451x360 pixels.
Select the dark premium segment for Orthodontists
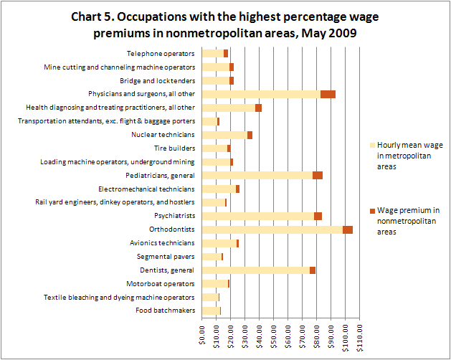(348, 229)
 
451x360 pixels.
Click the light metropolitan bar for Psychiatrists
(258, 216)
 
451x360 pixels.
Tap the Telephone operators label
(161, 53)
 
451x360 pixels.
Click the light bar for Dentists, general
(256, 270)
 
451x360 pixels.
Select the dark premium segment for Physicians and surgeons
(328, 94)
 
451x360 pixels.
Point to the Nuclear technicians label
(163, 134)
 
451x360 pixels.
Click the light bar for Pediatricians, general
(257, 175)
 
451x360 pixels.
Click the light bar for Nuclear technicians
(224, 135)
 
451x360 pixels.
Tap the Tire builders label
(175, 148)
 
